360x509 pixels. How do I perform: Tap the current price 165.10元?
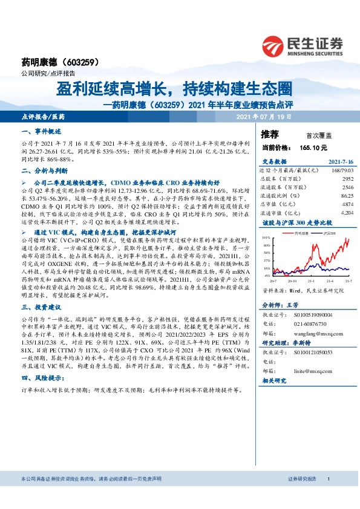[313, 147]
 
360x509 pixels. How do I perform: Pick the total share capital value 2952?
[347, 180]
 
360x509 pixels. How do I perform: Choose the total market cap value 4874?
[347, 204]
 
